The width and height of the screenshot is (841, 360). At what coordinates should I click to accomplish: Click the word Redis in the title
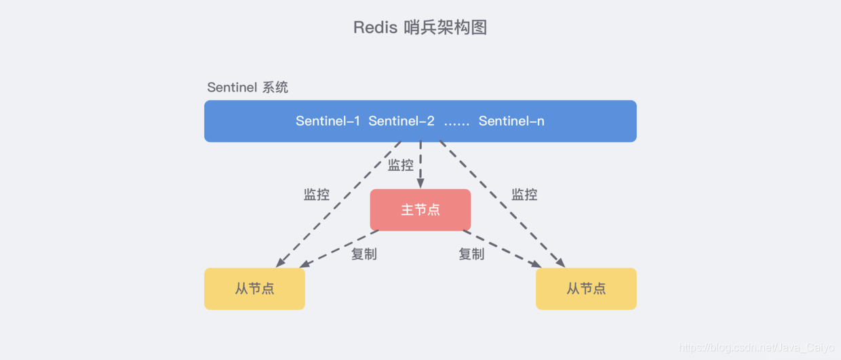375,27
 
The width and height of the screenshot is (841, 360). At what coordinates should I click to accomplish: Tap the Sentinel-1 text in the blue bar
328,121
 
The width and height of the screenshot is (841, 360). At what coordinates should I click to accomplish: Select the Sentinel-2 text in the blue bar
402,121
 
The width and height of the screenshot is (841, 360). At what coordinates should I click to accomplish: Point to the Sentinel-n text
511,121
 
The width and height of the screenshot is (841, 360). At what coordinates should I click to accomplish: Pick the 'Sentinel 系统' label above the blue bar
248,87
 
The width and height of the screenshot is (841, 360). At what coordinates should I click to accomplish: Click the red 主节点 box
420,209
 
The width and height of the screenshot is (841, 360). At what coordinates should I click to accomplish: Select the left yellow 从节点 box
254,289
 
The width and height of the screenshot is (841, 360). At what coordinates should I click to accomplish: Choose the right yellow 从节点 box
586,289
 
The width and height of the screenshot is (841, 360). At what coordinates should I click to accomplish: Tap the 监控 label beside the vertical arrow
401,165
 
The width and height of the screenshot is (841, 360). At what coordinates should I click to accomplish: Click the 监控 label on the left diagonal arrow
317,195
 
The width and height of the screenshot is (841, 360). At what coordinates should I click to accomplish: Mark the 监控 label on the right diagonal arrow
524,195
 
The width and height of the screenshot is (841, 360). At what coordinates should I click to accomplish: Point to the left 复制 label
364,254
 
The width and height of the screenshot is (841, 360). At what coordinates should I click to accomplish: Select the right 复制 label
471,254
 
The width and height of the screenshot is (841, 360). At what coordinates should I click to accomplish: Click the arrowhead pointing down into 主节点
420,184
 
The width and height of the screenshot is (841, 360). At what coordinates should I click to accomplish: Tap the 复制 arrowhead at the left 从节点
305,264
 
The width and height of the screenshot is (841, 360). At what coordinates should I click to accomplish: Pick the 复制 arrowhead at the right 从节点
536,264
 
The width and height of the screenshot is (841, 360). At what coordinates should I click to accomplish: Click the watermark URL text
756,347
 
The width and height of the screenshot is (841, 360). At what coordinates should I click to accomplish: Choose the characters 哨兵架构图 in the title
446,27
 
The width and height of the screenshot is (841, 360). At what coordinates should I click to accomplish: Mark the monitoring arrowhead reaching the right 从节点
560,262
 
